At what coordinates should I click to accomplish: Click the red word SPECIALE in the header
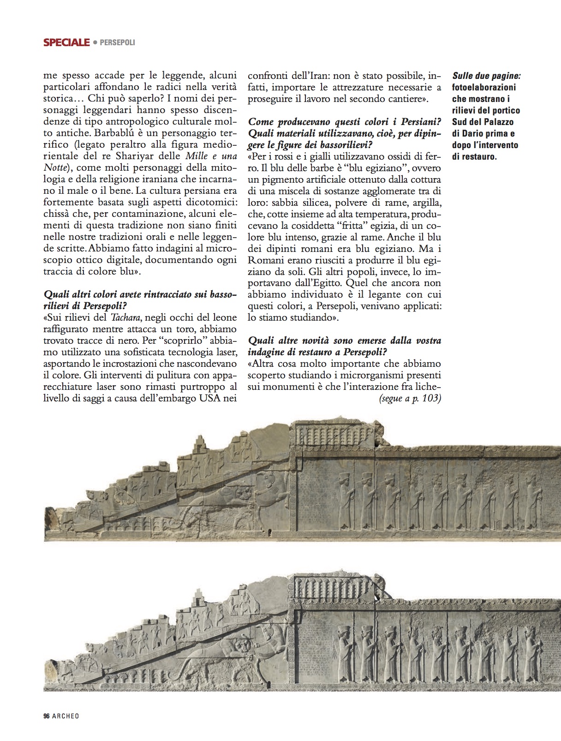pyautogui.click(x=66, y=43)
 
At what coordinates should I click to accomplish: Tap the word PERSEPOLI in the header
pyautogui.click(x=117, y=43)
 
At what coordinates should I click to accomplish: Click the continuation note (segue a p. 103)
pyautogui.click(x=410, y=399)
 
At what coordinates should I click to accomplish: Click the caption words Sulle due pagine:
pyautogui.click(x=489, y=76)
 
